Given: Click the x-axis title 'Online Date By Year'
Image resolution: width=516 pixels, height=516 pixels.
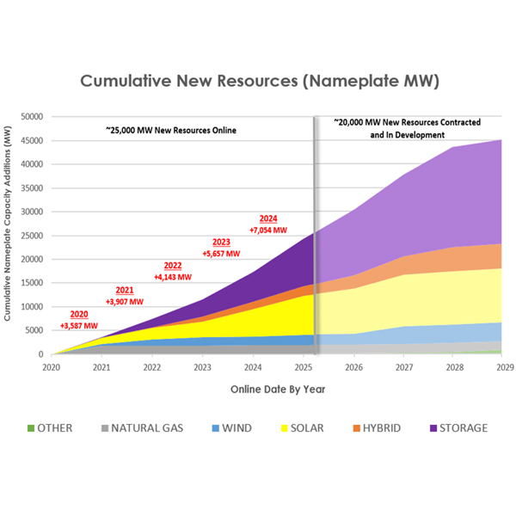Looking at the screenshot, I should click(277, 390).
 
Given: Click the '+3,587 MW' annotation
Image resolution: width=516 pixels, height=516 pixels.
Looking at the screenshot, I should click(78, 326).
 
